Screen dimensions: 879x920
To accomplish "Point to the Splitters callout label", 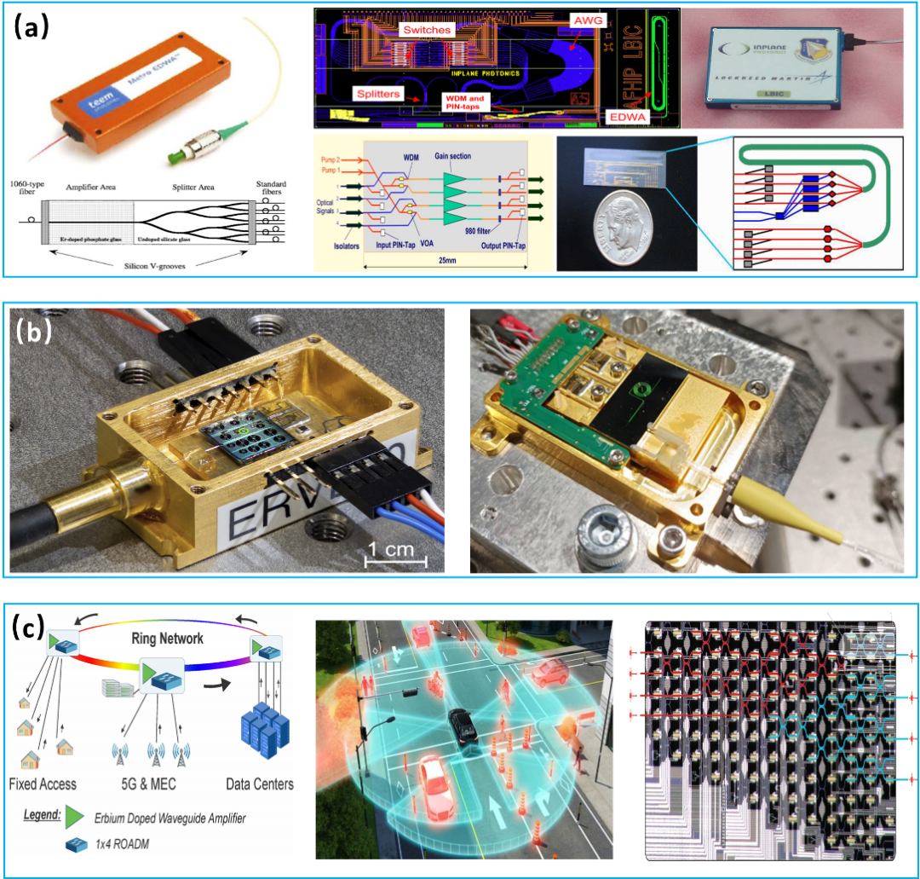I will click(x=377, y=93).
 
